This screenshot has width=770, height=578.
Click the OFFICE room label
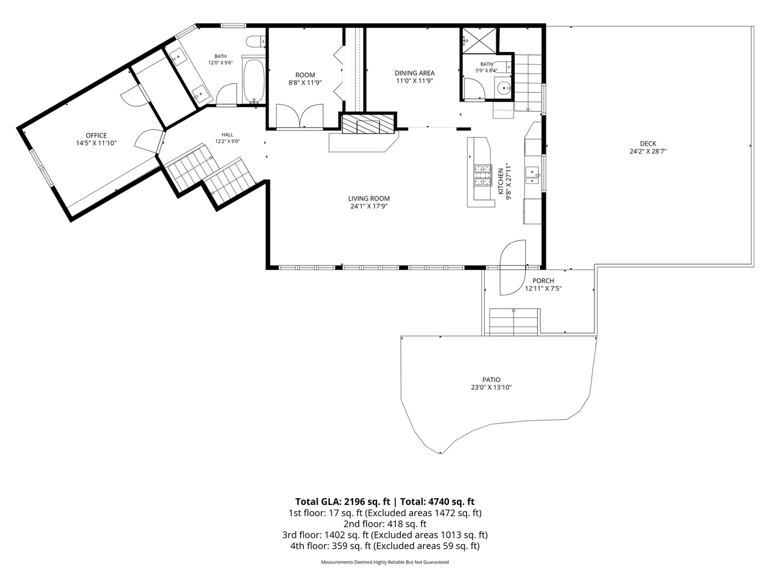coord(96,135)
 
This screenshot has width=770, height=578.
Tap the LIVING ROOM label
coord(369,198)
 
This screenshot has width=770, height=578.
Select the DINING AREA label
coord(414,73)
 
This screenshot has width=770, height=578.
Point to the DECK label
coord(648,143)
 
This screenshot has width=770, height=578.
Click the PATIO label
coord(491,380)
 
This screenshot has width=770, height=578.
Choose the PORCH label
coord(543,281)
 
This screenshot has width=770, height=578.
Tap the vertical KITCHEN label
coord(501,181)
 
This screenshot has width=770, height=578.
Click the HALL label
coord(228,135)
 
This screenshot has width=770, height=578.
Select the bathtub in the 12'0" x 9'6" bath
coord(254,81)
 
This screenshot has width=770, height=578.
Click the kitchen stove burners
coord(483,176)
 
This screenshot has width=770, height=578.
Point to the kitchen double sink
coord(533,176)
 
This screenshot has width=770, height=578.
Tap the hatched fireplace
coord(368,124)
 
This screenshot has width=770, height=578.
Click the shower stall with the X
coord(479,40)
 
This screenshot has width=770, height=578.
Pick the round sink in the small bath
coord(504,87)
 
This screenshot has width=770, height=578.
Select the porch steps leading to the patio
coord(514,322)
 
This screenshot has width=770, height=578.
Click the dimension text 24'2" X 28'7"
coord(648,151)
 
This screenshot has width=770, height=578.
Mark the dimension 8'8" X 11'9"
coord(305,83)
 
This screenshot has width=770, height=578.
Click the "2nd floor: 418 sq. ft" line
coord(385,524)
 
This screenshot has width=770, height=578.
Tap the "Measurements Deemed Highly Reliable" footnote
coord(385,562)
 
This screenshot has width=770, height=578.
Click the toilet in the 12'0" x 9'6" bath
coord(256,42)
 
